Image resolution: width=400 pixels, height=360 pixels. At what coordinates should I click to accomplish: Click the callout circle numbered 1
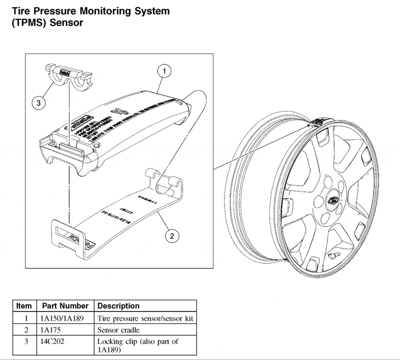tap(165, 71)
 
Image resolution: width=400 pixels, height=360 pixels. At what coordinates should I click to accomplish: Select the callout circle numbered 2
tap(172, 235)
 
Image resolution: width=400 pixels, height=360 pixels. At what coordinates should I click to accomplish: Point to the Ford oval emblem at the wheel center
tap(332, 202)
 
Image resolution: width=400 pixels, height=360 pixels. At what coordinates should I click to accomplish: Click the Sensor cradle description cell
tap(118, 330)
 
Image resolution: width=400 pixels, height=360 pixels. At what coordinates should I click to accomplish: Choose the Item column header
tap(24, 306)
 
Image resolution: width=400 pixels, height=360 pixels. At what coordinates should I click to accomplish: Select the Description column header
tap(118, 306)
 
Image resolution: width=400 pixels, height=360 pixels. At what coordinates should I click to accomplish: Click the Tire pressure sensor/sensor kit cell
tap(145, 318)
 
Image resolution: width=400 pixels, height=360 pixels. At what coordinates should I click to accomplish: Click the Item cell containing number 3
tap(24, 342)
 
